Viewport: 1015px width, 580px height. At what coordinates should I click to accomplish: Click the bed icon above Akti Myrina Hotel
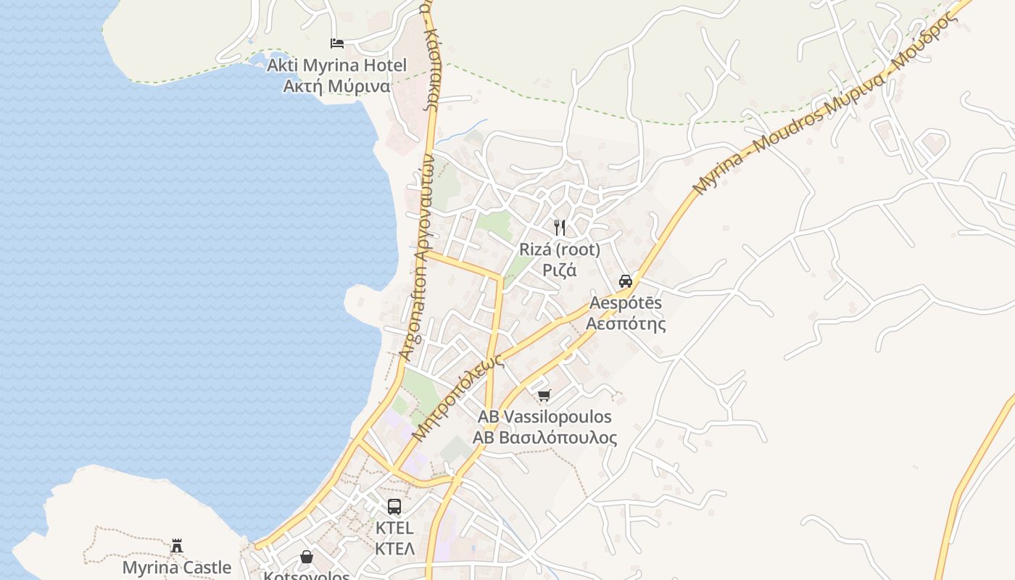(x=337, y=43)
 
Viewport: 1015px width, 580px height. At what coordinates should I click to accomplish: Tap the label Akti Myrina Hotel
(x=337, y=65)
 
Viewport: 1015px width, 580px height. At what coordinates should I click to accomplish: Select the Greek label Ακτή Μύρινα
(x=337, y=86)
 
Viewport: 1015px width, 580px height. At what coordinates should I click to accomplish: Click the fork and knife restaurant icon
(x=560, y=228)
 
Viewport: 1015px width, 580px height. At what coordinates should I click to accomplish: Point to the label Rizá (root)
(x=560, y=249)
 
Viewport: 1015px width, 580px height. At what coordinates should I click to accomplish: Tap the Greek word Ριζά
(x=560, y=270)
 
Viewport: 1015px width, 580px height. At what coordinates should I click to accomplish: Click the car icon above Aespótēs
(x=626, y=281)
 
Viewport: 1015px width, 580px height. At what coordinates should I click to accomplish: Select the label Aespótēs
(x=626, y=302)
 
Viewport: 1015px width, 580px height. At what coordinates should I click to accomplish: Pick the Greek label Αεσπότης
(x=626, y=323)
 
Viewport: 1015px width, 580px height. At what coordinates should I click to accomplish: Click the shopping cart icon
(x=544, y=395)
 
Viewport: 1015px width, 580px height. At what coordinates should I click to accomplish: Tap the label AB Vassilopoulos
(x=544, y=417)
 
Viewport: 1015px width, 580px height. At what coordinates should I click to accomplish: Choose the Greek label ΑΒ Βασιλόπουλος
(x=544, y=438)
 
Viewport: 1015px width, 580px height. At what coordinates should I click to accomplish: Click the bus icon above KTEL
(x=394, y=506)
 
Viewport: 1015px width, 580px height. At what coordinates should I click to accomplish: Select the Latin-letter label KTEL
(x=394, y=528)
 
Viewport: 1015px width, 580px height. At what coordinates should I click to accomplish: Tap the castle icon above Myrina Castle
(x=177, y=546)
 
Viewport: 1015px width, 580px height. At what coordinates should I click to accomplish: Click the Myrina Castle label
(x=177, y=567)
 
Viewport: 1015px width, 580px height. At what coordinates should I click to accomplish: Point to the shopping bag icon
(x=307, y=557)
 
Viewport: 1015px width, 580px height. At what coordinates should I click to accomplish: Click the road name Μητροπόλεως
(x=457, y=397)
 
